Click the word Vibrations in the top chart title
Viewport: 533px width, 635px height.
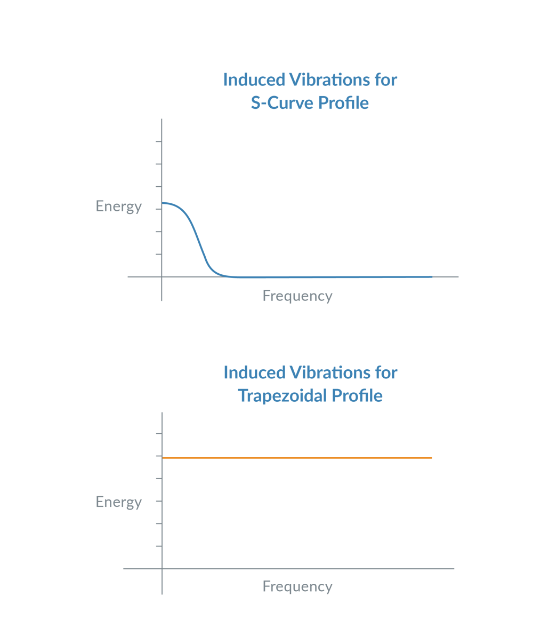click(329, 80)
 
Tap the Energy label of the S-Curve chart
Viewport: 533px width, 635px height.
click(118, 207)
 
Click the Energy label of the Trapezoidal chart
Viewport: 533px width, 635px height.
click(118, 502)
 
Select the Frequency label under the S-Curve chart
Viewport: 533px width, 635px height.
click(297, 296)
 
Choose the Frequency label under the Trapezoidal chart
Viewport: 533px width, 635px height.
click(297, 586)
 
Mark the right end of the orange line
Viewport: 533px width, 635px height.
click(431, 458)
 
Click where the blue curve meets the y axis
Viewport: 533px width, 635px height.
click(163, 203)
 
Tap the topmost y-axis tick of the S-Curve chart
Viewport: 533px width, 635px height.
click(158, 141)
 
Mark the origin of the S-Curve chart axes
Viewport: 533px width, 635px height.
click(162, 277)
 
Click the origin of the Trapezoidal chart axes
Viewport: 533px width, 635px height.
click(162, 569)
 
